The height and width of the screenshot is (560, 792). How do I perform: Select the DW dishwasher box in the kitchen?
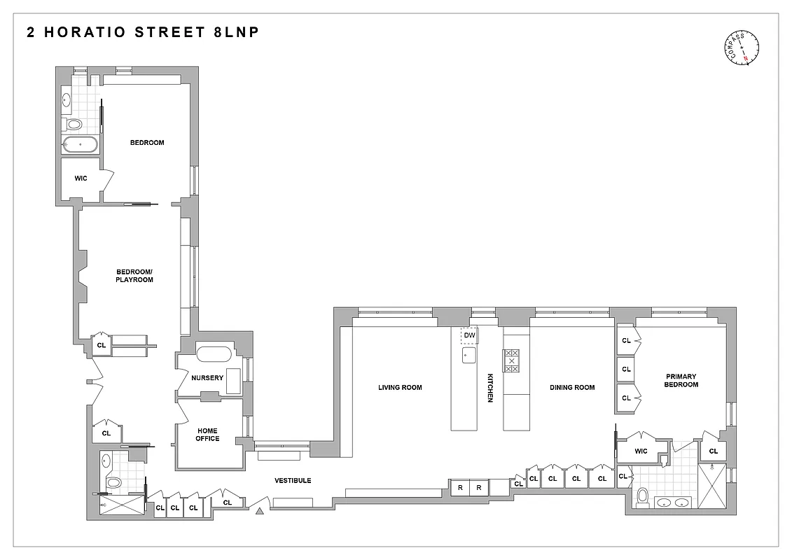(x=469, y=336)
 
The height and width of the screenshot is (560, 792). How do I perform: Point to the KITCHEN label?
(x=490, y=387)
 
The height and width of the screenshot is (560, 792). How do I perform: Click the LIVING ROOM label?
(x=400, y=387)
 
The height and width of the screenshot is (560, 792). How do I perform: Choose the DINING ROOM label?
(x=572, y=387)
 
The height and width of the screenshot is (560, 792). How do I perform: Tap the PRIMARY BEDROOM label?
(x=681, y=380)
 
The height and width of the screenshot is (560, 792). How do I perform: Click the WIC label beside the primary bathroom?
(x=641, y=451)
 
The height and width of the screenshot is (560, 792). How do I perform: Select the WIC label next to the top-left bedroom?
(x=81, y=178)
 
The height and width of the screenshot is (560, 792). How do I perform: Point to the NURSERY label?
(x=207, y=378)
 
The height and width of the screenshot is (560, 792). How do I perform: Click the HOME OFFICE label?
(x=207, y=435)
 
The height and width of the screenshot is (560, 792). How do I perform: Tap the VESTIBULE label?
(x=293, y=480)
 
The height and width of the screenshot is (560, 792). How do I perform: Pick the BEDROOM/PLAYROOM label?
(x=134, y=276)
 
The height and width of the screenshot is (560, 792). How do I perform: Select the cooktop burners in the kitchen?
(x=512, y=360)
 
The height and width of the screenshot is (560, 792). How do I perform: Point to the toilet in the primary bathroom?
(x=643, y=497)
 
